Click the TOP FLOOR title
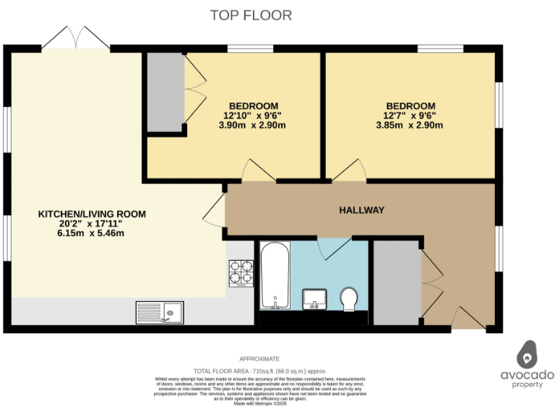[251, 15]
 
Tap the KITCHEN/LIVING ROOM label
[92, 214]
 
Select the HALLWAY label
[361, 210]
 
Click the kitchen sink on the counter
[160, 312]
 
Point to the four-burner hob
[241, 273]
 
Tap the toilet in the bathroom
[349, 299]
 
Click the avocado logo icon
[528, 354]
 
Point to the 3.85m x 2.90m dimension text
[410, 125]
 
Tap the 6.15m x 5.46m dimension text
[92, 233]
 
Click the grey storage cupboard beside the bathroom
[396, 282]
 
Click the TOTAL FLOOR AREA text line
[259, 369]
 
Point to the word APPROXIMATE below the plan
[259, 359]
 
